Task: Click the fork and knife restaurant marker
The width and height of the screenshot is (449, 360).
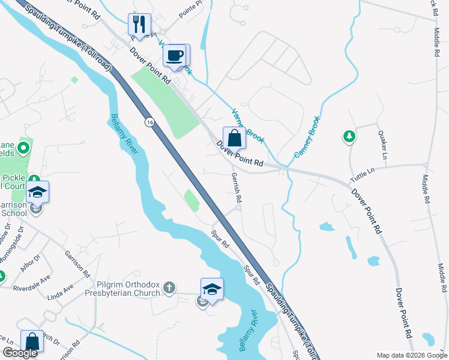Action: (x=139, y=25)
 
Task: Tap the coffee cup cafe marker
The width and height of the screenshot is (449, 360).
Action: (x=175, y=55)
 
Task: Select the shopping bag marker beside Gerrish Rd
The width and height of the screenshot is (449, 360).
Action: (x=234, y=138)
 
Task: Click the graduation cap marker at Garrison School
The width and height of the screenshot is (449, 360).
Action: (x=37, y=192)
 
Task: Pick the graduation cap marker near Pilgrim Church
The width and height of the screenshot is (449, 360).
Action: (x=211, y=289)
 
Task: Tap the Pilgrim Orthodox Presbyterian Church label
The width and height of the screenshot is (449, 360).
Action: (x=128, y=288)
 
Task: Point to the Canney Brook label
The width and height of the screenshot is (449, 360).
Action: (x=307, y=137)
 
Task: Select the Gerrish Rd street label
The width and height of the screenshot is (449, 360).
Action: (x=237, y=187)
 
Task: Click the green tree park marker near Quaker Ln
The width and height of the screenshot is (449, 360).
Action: (x=349, y=137)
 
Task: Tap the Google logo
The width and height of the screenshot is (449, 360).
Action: (x=20, y=353)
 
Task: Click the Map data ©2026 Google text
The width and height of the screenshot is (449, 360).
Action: (x=411, y=355)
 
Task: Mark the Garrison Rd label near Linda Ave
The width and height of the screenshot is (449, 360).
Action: (x=77, y=262)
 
